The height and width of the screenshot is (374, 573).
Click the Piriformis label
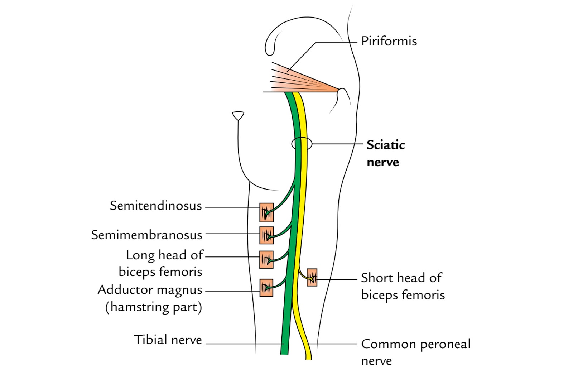pos(389,41)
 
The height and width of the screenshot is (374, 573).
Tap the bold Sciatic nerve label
pos(385,153)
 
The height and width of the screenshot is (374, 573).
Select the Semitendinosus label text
pos(156,206)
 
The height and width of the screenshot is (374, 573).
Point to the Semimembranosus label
pos(146,235)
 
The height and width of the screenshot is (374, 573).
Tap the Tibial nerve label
pos(168,340)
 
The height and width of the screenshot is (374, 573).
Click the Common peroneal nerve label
pos(415,352)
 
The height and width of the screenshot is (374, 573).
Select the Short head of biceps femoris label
pos(403,286)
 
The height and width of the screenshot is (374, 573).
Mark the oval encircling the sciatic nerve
pos(302,144)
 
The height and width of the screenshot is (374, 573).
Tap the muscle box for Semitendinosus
pos(266,212)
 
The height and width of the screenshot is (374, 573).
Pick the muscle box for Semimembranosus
pos(266,235)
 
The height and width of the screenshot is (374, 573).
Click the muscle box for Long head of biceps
pos(266,259)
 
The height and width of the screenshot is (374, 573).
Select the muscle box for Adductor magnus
pos(266,288)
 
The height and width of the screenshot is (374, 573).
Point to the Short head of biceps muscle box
pos(312,277)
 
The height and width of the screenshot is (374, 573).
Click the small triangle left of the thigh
pos(238,115)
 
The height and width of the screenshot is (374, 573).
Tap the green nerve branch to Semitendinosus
pos(285,197)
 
